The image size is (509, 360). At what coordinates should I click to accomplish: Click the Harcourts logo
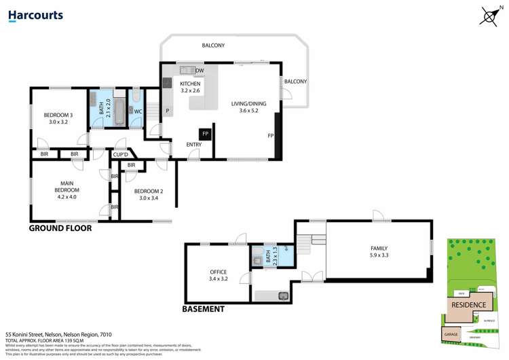tap(35, 15)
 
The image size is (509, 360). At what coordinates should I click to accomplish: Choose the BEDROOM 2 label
tap(147, 195)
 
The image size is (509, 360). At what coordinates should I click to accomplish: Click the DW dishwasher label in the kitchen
tap(200, 71)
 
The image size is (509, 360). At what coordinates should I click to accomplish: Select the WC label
tap(137, 111)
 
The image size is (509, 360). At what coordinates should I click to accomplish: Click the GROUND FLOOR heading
tap(60, 229)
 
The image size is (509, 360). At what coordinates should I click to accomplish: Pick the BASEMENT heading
tap(203, 309)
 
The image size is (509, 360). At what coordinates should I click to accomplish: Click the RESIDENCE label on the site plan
tap(468, 305)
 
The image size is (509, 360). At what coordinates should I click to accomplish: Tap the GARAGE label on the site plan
tap(450, 335)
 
